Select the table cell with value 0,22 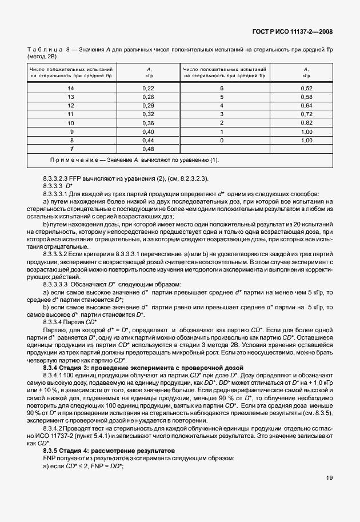pyautogui.click(x=148, y=88)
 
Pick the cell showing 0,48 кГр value pyautogui.click(x=148, y=149)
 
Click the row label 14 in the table pyautogui.click(x=71, y=88)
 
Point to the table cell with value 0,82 pyautogui.click(x=306, y=122)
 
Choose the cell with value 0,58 pyautogui.click(x=306, y=97)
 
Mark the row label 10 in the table pyautogui.click(x=71, y=122)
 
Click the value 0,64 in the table pyautogui.click(x=306, y=105)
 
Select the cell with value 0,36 pyautogui.click(x=148, y=122)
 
